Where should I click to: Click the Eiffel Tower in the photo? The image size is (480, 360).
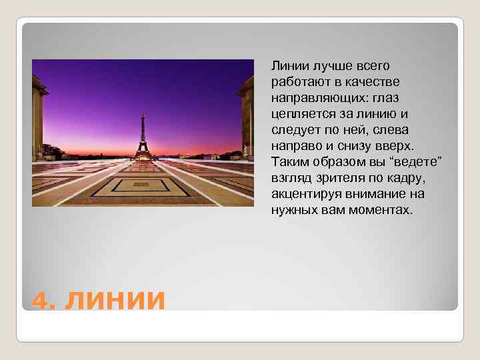point(141,136)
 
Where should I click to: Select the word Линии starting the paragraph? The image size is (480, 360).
point(287,66)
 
